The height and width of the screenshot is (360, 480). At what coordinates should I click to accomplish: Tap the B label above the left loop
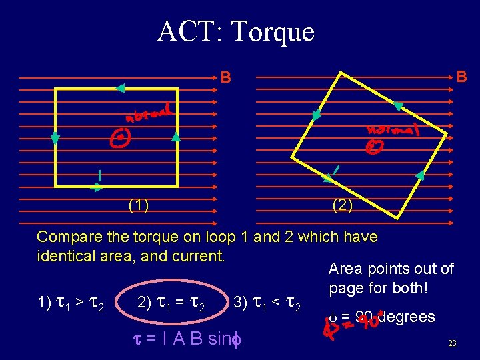(226, 78)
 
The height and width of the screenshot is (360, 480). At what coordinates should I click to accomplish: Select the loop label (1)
(139, 205)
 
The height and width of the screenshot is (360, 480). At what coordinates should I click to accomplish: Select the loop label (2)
(343, 205)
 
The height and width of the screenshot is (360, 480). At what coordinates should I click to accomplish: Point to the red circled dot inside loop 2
(377, 147)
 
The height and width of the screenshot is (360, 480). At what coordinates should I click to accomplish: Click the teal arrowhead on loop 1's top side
(120, 87)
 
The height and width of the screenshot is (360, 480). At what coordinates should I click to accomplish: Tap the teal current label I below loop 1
(99, 175)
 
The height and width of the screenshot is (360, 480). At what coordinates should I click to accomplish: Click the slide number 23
(452, 344)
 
